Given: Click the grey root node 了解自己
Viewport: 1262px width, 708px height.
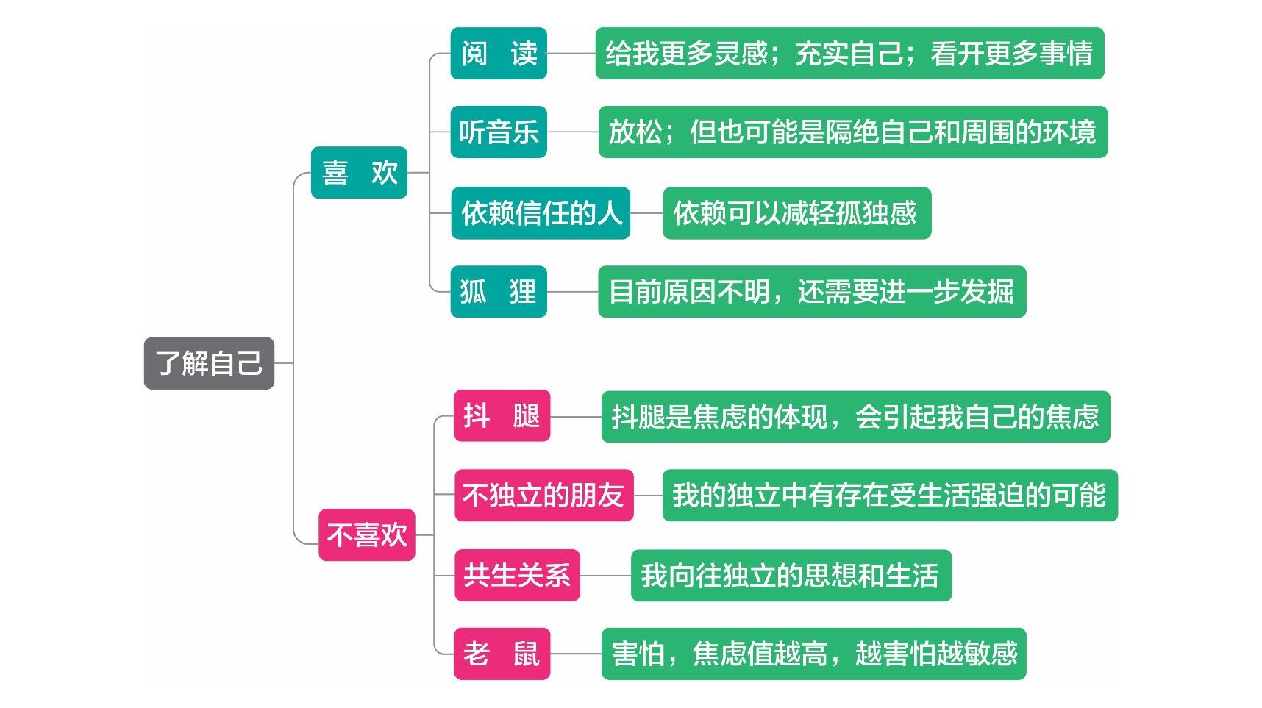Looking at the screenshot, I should [209, 363].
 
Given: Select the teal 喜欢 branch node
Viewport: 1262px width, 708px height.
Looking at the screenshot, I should [359, 173].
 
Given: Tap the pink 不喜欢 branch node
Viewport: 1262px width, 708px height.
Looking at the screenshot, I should [366, 534].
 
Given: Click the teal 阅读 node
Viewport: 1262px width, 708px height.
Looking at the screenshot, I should [499, 54].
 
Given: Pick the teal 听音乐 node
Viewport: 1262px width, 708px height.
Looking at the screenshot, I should [499, 132].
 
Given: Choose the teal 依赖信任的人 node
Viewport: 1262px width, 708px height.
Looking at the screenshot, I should [541, 213].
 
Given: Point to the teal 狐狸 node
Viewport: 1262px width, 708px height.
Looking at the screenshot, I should [499, 292].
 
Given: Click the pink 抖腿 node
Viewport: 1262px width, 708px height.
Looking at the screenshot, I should [502, 416].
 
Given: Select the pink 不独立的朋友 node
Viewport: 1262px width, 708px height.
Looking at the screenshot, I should [543, 496].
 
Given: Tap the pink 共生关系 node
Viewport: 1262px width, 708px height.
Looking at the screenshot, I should [517, 575].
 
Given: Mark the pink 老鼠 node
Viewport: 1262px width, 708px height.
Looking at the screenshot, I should [502, 654].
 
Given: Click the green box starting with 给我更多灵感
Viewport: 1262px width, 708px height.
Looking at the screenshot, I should [849, 54].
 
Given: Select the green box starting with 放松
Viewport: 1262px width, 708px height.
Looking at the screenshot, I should [852, 132].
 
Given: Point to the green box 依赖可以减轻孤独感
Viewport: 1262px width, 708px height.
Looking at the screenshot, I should [796, 213].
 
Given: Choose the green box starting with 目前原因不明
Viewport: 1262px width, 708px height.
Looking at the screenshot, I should [812, 292].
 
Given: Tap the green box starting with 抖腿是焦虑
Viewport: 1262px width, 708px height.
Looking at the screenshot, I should [855, 417].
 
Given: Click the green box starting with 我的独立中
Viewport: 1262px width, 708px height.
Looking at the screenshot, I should [890, 496].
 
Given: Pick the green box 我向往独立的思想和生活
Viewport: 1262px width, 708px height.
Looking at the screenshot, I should [791, 575].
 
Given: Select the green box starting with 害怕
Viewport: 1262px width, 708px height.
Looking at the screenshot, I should [813, 654].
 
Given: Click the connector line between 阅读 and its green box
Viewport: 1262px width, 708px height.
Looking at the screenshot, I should [571, 54].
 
